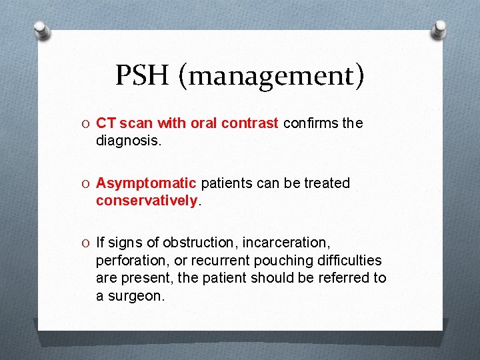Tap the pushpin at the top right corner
coord(440,29)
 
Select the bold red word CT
coord(106,123)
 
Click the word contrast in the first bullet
coord(252,123)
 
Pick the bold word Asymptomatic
coord(146,183)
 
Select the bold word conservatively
coord(147,201)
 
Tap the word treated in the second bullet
coord(327,183)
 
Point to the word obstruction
coord(200,243)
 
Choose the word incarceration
coord(288,243)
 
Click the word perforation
coord(132,261)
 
